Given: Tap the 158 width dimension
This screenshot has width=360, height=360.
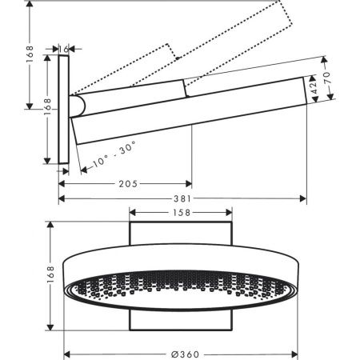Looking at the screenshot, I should coord(181,213).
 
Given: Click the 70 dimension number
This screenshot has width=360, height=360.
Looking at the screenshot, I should coord(326,81).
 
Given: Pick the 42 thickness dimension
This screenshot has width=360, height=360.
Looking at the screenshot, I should coord(314,90).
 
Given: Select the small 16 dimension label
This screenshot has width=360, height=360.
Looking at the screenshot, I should coord(65,48).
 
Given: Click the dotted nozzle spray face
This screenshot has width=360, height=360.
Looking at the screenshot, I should coord(181,293).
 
